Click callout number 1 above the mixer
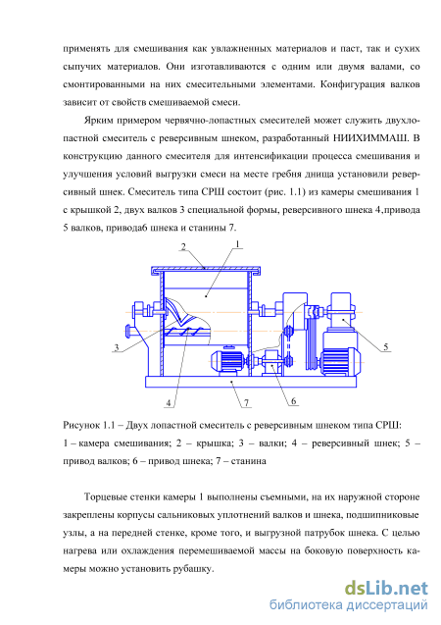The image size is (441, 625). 237,244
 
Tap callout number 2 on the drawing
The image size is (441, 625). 183,246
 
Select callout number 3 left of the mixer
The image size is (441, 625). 117,347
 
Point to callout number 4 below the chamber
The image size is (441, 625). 169,403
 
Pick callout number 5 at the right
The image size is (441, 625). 386,347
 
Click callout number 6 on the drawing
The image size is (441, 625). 294,401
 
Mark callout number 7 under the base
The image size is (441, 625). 247,403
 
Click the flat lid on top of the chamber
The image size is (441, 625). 206,270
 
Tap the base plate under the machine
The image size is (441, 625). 251,382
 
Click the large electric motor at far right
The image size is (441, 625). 340,361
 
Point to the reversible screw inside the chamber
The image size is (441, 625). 187,331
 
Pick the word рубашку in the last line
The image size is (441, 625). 192,569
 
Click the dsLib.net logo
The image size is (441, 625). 386,588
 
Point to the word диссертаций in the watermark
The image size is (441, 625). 387,605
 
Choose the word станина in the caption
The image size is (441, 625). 248,461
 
